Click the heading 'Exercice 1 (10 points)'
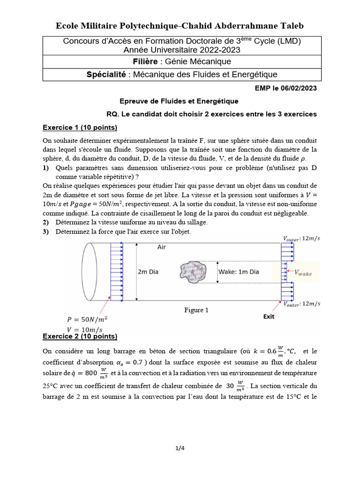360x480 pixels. [x=80, y=127]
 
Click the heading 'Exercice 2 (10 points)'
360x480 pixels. [x=80, y=336]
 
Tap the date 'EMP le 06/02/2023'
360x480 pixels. [x=286, y=88]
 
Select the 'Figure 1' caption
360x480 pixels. [x=196, y=310]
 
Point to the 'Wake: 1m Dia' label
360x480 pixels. [x=239, y=271]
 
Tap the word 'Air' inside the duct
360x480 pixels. [x=162, y=247]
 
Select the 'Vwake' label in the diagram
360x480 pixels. [x=302, y=272]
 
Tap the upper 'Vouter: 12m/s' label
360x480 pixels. [x=301, y=239]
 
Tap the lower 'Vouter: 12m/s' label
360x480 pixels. [x=301, y=304]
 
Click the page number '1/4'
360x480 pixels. [x=180, y=448]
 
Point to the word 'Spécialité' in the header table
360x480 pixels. [x=105, y=74]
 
